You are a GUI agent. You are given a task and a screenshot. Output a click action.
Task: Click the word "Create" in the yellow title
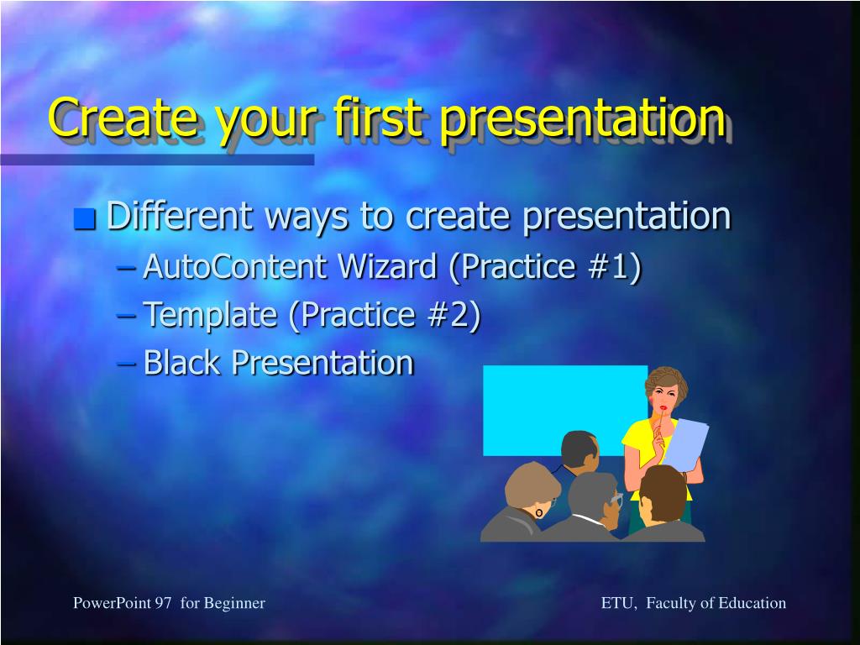pos(123,118)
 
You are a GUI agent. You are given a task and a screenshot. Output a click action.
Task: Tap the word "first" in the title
pos(379,117)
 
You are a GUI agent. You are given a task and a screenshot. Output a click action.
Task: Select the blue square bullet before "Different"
pos(85,219)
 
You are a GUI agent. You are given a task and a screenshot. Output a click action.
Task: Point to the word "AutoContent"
pos(235,266)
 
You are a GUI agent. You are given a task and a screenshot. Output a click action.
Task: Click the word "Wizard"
pos(387,266)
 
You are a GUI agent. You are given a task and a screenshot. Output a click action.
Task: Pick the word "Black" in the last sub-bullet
pos(181,363)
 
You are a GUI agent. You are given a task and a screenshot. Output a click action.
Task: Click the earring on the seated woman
pos(539,513)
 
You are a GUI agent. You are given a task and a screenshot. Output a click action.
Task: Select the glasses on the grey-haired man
pos(615,501)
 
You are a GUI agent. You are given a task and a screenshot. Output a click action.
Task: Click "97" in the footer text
pos(163,603)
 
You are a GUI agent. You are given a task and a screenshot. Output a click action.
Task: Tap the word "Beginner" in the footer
pos(234,604)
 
